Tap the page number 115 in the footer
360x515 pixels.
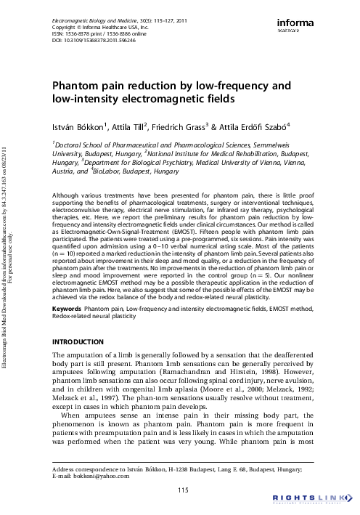tap(183, 491)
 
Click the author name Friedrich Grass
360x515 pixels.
tap(192, 127)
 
